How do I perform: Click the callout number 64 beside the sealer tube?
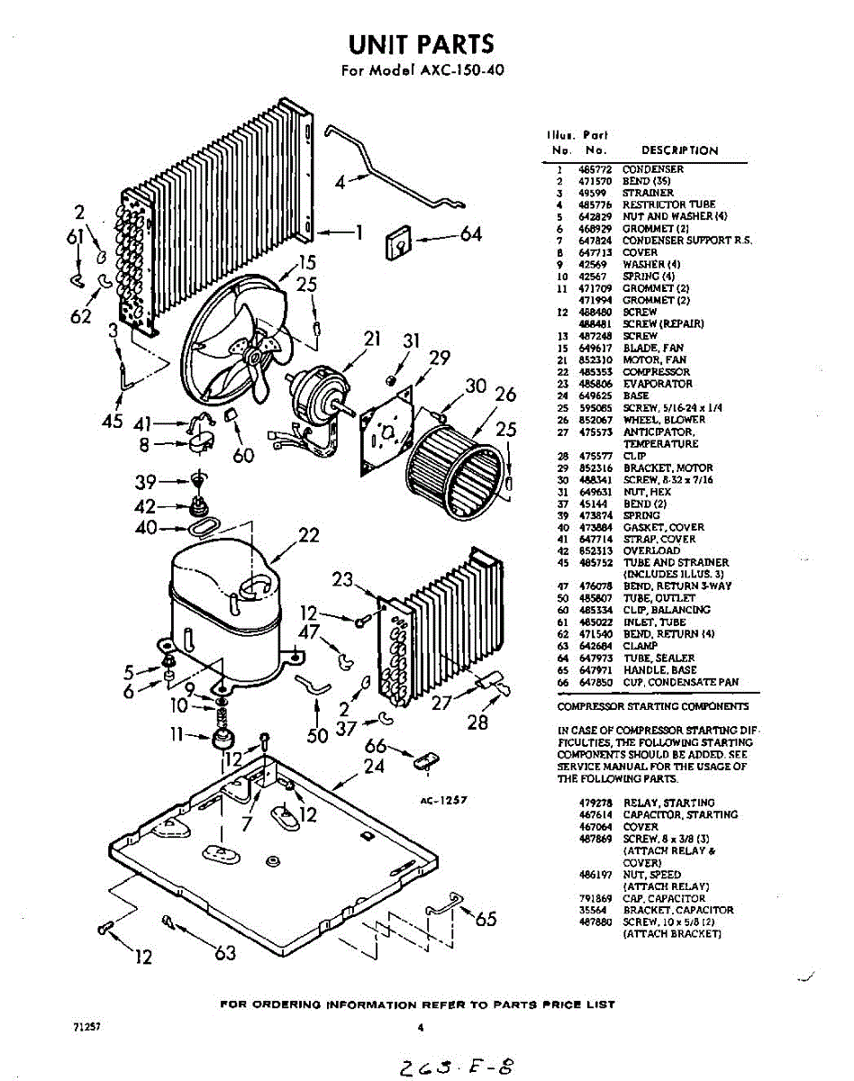click(x=471, y=235)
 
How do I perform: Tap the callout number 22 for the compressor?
click(x=308, y=536)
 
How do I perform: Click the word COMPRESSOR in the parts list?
click(x=656, y=371)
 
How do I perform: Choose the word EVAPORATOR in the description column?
click(x=656, y=383)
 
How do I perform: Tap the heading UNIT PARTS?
click(x=422, y=44)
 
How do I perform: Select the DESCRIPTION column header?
click(x=679, y=150)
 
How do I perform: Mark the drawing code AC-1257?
click(x=442, y=799)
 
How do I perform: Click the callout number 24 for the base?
click(x=374, y=767)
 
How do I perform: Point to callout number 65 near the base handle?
click(x=486, y=919)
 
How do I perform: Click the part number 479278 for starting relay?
click(x=595, y=803)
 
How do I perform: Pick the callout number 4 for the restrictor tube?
click(x=341, y=181)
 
